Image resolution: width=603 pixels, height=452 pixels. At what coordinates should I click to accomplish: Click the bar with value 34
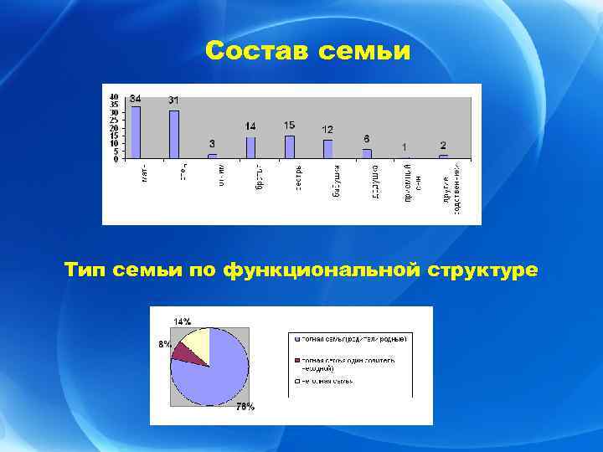pyautogui.click(x=136, y=132)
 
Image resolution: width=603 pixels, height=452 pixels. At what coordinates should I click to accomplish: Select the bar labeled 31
pyautogui.click(x=174, y=134)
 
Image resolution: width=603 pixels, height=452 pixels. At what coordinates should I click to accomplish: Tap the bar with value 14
pyautogui.click(x=250, y=147)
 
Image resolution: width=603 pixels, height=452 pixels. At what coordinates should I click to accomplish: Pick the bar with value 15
pyautogui.click(x=290, y=146)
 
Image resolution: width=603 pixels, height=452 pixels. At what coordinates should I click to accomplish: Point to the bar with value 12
pyautogui.click(x=327, y=149)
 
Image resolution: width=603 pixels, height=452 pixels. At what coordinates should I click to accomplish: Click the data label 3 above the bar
pyautogui.click(x=212, y=144)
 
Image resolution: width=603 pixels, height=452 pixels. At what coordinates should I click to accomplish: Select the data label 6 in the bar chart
pyautogui.click(x=367, y=138)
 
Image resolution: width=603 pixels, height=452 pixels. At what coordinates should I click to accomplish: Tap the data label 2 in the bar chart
pyautogui.click(x=443, y=146)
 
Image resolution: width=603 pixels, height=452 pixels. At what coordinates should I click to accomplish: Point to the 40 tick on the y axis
pyautogui.click(x=114, y=95)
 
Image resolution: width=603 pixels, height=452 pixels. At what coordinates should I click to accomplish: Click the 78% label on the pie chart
pyautogui.click(x=245, y=408)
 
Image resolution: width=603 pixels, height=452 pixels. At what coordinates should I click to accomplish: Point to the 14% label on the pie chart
pyautogui.click(x=182, y=321)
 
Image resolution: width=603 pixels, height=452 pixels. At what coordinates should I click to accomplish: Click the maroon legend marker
pyautogui.click(x=296, y=360)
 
